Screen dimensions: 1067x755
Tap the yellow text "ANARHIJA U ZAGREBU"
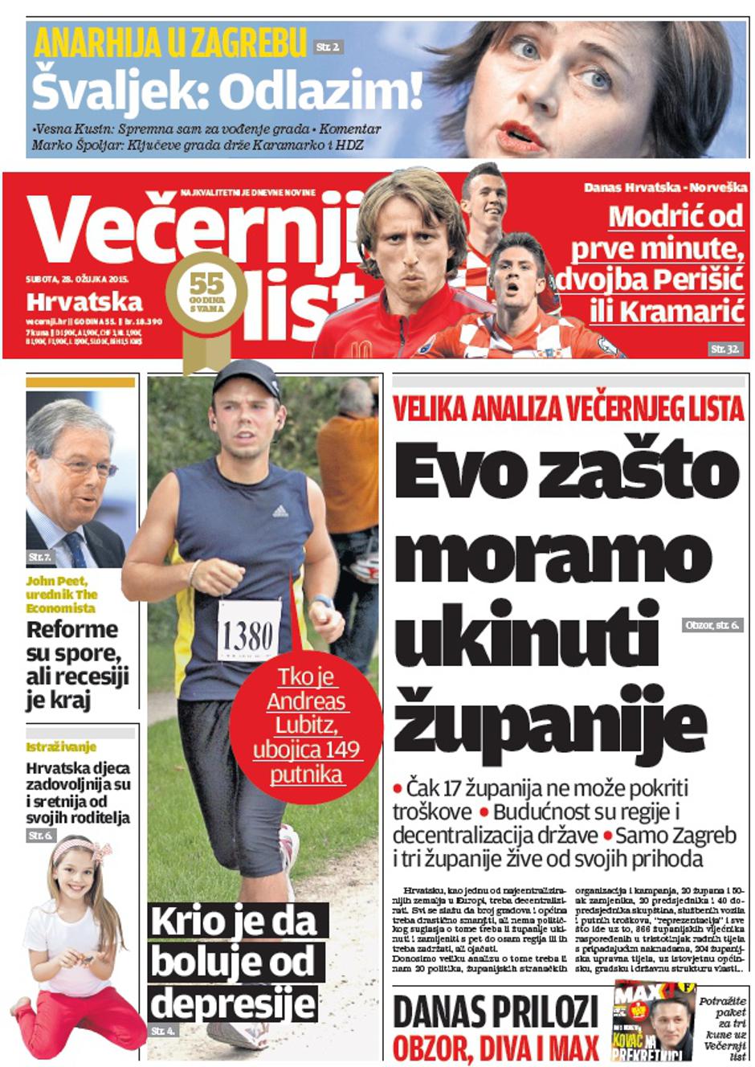pyautogui.click(x=169, y=43)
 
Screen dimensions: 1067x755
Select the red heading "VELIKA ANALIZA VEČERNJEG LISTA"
pyautogui.click(x=569, y=410)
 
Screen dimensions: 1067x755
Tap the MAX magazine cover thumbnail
pyautogui.click(x=654, y=1020)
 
